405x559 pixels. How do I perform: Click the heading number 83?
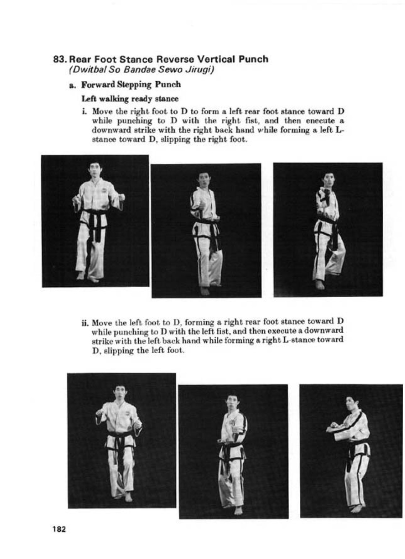[60, 59]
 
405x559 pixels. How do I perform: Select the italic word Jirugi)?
[201, 69]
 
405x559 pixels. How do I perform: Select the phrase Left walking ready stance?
[130, 99]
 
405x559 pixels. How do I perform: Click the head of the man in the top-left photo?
[95, 169]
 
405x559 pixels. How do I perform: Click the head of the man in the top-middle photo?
[204, 179]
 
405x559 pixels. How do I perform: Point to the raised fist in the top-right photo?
[325, 196]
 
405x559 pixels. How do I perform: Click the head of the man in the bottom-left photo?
[120, 392]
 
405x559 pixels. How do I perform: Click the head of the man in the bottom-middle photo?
[233, 402]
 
